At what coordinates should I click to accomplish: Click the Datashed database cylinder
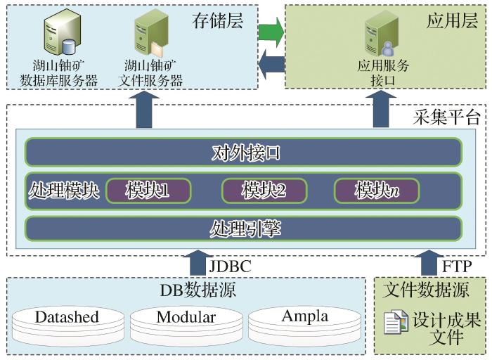[x=67, y=321]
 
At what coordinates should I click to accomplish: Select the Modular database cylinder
[x=186, y=321]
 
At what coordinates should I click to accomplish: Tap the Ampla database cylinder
[x=304, y=320]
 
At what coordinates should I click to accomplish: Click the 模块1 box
[x=148, y=191]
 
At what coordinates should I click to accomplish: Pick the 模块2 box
[x=264, y=191]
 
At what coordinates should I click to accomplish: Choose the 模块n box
[x=377, y=191]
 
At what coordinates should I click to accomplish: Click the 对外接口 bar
[x=243, y=151]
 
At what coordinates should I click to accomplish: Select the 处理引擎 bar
[x=243, y=229]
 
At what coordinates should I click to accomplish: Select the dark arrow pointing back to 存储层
[x=271, y=66]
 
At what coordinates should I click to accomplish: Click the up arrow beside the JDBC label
[x=197, y=263]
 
